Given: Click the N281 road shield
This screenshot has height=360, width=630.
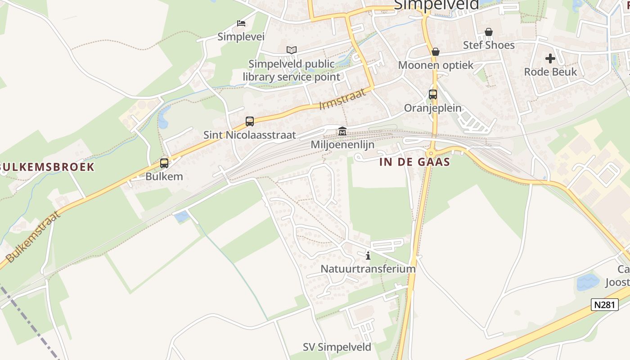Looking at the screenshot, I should [604, 305].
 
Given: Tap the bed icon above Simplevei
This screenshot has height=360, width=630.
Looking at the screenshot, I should [241, 23].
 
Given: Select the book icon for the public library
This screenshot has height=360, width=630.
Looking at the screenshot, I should [292, 50].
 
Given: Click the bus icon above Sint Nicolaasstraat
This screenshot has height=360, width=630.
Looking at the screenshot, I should [250, 121].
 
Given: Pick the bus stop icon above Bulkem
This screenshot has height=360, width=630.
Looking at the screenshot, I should [164, 163].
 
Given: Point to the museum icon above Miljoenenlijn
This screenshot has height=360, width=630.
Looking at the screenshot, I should [342, 131].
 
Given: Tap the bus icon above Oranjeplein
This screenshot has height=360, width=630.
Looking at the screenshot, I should [433, 94].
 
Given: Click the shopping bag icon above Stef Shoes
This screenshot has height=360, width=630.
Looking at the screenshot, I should [489, 32].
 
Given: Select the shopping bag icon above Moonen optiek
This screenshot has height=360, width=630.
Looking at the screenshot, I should [435, 52].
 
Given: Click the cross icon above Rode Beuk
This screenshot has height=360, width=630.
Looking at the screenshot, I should [550, 58].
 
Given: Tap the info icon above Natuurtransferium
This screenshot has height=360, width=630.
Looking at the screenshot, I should [368, 256].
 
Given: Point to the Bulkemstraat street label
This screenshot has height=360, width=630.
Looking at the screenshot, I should [34, 237].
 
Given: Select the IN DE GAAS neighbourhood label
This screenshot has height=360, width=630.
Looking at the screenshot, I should [414, 162].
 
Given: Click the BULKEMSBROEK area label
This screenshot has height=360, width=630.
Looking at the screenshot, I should [47, 167].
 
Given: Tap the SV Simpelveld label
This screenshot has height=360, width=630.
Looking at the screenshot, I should [337, 347].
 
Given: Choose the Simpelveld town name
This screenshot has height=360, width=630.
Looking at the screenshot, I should [436, 5].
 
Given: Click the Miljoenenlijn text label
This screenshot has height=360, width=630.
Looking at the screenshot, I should [342, 145].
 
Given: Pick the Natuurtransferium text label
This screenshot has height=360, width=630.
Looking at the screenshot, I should [368, 269].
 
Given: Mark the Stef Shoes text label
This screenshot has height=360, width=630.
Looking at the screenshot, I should [489, 45].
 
